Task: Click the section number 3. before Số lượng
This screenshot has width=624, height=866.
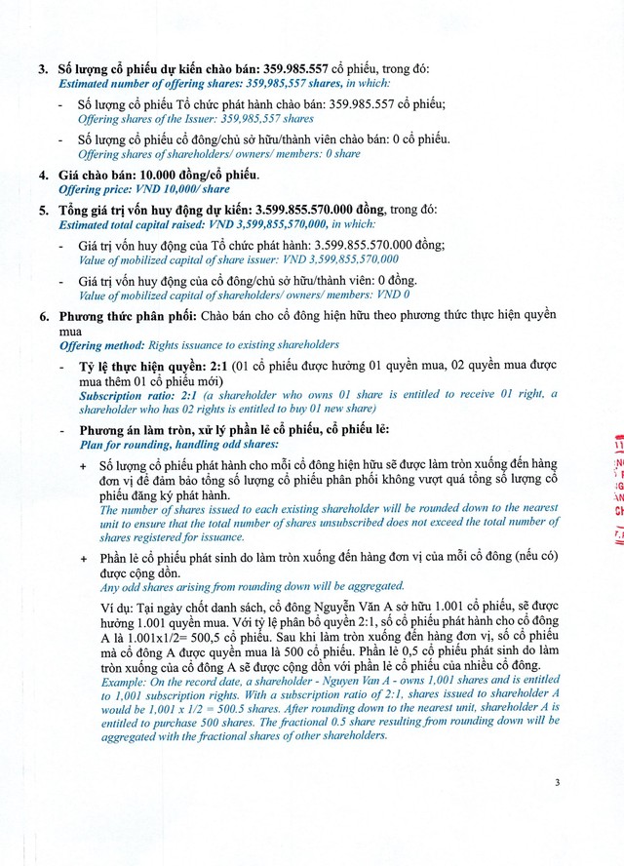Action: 42,70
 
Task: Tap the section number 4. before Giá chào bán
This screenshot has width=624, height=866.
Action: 42,176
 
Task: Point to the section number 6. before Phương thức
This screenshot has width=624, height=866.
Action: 42,316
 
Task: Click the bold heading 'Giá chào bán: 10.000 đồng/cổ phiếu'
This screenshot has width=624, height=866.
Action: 159,176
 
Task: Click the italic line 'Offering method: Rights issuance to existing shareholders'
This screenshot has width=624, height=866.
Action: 199,345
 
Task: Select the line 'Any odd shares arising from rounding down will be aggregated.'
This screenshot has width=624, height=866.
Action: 252,586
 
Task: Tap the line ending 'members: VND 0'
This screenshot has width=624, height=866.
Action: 244,295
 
